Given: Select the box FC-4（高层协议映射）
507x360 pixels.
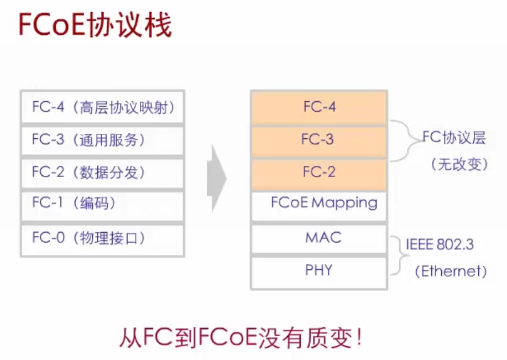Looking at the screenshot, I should click(x=102, y=107).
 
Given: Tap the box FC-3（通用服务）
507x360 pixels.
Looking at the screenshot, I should click(x=102, y=140).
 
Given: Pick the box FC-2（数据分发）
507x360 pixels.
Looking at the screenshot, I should click(x=102, y=172).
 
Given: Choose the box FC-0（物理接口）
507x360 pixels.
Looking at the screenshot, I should click(x=102, y=238).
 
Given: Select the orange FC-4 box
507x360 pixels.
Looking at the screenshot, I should click(x=319, y=107).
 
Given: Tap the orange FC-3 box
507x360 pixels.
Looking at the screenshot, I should click(x=319, y=139).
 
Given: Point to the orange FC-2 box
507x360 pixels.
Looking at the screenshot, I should click(x=319, y=172).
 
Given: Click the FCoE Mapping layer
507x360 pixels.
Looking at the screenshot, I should click(x=319, y=203).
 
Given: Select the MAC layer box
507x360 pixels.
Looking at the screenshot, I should click(x=319, y=238).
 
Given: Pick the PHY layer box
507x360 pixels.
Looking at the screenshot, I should click(x=319, y=270).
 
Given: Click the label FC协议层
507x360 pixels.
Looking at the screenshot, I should click(x=454, y=138).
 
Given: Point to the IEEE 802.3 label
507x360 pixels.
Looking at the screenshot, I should click(x=440, y=244).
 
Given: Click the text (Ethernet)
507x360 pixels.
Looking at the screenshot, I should click(x=451, y=271).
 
